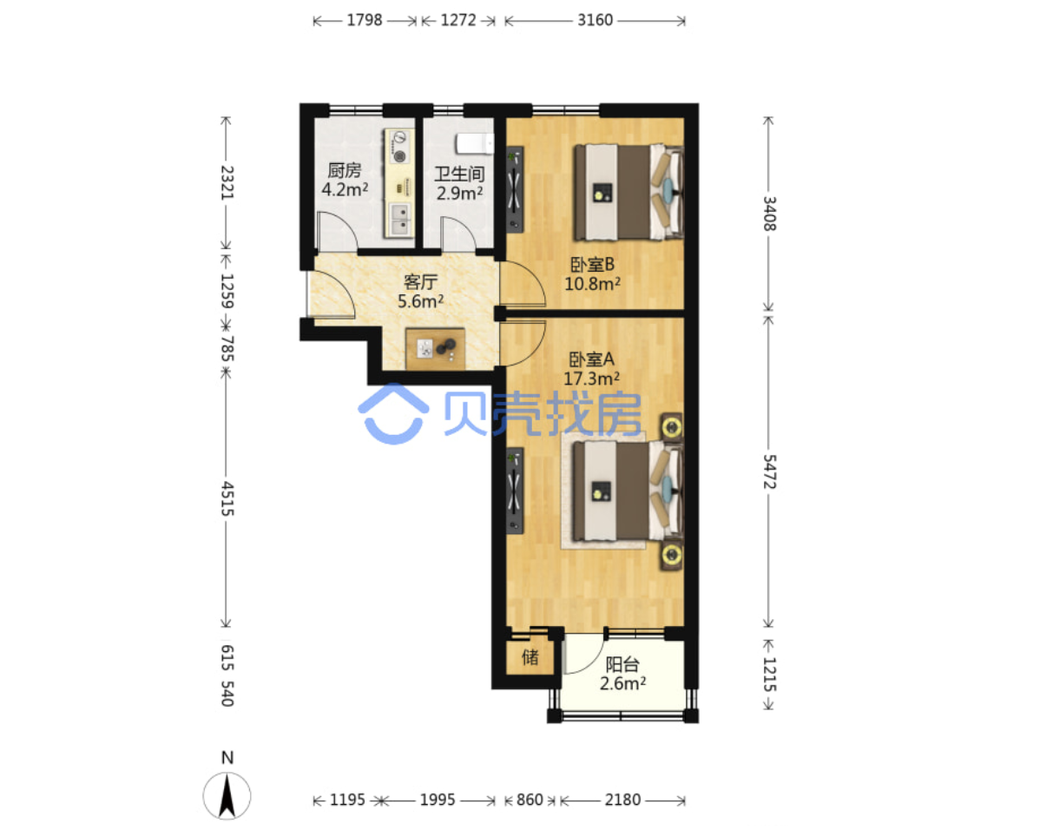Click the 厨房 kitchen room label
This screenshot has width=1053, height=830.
[x=345, y=171]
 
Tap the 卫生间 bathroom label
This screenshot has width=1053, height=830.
[x=459, y=175]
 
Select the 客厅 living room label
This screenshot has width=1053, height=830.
[x=420, y=282]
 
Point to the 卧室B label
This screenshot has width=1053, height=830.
[x=592, y=265]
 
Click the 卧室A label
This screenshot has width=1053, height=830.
[x=591, y=359]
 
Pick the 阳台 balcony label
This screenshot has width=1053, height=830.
[x=622, y=664]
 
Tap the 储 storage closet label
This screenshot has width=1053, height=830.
[x=530, y=657]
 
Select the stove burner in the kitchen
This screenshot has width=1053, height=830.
[x=400, y=147]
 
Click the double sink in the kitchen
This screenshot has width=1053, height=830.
[x=400, y=220]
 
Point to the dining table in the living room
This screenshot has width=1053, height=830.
[x=435, y=348]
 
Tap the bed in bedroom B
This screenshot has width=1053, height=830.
[x=629, y=192]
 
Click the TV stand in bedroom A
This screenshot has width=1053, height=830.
[x=515, y=491]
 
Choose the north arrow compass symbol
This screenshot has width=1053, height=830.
[x=227, y=795]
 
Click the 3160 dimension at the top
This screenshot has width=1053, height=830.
[x=595, y=20]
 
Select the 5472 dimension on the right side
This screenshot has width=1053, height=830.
[x=769, y=471]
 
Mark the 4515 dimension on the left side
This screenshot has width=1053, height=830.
[x=227, y=498]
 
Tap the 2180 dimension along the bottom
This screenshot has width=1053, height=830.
[x=622, y=800]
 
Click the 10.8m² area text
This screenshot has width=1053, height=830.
[x=593, y=284]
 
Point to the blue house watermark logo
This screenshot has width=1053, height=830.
[x=393, y=414]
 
